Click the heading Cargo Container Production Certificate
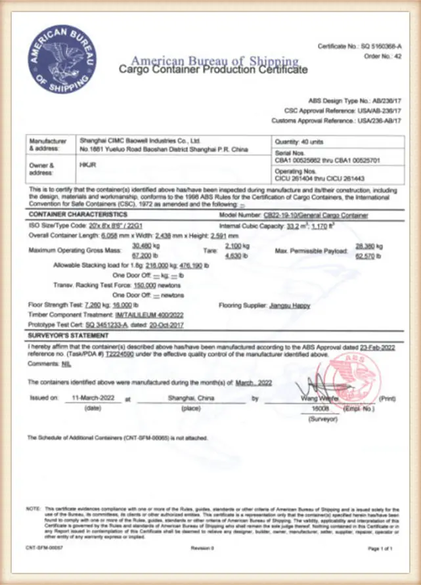pyautogui.click(x=212, y=69)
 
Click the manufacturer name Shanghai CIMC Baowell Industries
pyautogui.click(x=139, y=141)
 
